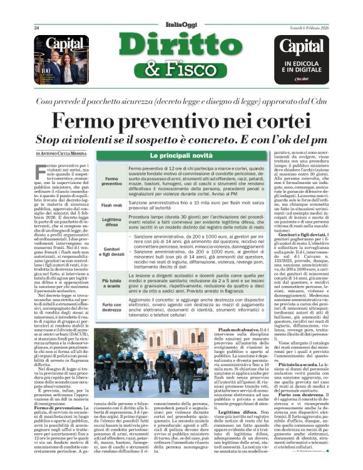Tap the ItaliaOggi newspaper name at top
coord(181,24)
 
